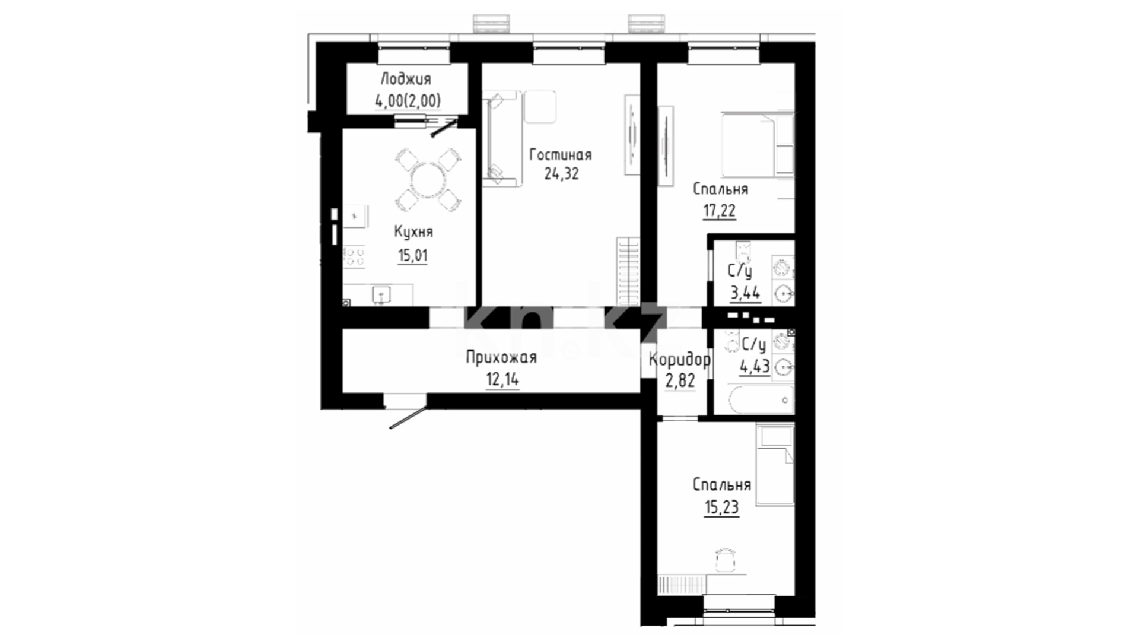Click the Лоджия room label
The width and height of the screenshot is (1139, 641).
[x=406, y=80]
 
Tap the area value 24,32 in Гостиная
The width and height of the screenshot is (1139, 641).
[x=561, y=174]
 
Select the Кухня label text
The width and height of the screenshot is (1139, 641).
[x=413, y=231]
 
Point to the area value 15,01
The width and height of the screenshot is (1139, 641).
[x=412, y=256]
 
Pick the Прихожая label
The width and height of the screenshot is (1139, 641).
[x=501, y=357]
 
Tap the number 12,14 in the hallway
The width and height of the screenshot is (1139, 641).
[x=502, y=379]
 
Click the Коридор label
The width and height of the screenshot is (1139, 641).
[x=680, y=360]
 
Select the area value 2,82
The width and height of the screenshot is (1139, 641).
[x=680, y=380]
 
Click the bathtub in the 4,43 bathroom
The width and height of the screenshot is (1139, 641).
[x=761, y=399]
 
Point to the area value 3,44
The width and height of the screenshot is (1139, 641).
[x=745, y=293]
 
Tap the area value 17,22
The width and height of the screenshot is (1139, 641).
[x=720, y=211]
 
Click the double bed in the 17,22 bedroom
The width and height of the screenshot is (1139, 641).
[x=758, y=144]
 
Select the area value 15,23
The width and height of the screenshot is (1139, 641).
[x=721, y=507]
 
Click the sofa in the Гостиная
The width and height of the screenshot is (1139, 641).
[x=502, y=138]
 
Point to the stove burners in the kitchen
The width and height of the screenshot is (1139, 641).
[x=354, y=256]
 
